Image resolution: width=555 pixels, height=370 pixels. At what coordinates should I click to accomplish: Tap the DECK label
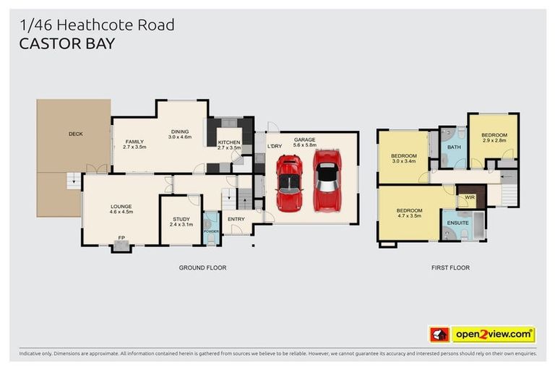[x=75, y=134]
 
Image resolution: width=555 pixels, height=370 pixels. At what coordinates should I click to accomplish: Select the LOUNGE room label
[x=121, y=206]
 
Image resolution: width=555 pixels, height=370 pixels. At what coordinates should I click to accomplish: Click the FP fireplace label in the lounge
[x=121, y=236]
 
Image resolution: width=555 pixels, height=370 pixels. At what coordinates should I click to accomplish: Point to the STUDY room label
[x=181, y=219]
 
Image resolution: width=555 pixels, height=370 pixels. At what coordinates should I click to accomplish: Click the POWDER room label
[x=212, y=231]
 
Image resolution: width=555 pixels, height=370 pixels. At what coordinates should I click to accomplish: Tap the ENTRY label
[x=236, y=219]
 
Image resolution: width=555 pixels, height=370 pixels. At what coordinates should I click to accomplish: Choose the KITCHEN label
[x=229, y=142]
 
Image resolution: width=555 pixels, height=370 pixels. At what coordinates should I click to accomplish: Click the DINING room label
[x=179, y=131]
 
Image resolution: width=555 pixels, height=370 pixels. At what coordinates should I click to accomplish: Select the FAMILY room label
[x=135, y=142]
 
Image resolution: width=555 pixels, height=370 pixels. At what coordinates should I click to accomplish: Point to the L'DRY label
[x=275, y=147]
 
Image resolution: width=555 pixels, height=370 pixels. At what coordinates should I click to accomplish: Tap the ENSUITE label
[x=458, y=223]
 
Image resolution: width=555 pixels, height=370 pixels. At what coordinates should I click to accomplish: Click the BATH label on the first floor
[x=454, y=147]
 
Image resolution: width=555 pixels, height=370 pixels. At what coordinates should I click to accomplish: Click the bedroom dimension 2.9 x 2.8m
[x=494, y=142]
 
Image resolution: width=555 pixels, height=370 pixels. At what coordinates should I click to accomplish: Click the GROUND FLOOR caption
[x=202, y=268]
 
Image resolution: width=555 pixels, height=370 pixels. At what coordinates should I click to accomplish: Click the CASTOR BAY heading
[x=67, y=43]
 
